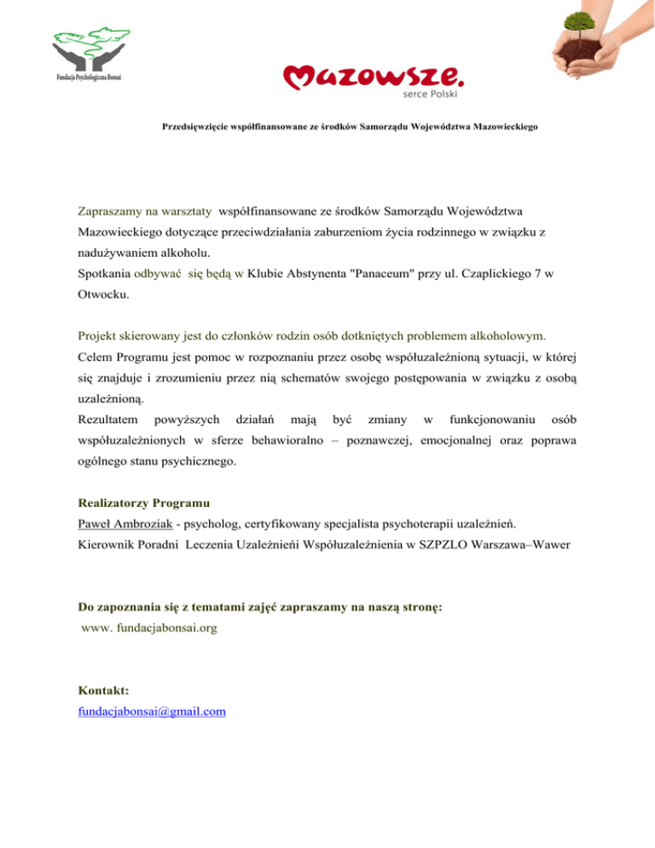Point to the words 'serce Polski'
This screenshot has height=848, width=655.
[x=438, y=94]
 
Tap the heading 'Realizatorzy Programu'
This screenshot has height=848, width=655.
[x=143, y=503]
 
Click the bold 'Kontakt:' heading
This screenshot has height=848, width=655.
[x=103, y=689]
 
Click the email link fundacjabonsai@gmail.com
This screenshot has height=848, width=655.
[x=152, y=711]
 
